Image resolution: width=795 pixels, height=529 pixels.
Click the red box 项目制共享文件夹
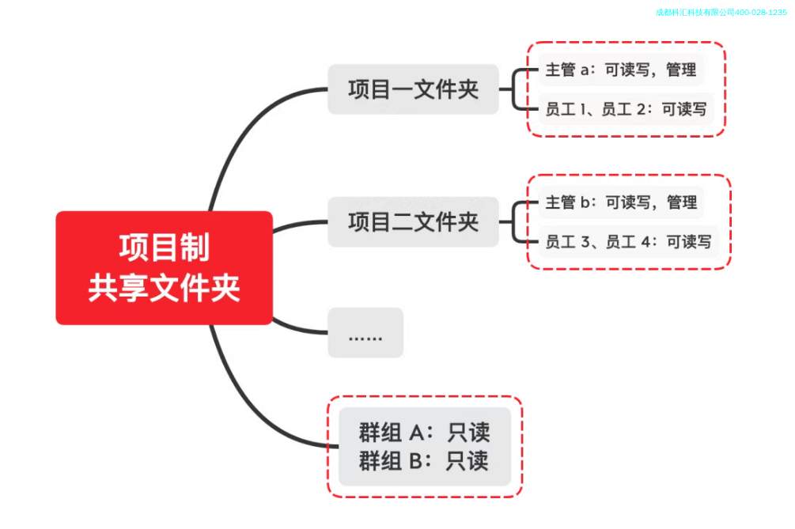click(164, 267)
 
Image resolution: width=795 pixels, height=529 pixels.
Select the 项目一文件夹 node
click(413, 89)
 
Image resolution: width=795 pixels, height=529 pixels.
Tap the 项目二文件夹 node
click(413, 221)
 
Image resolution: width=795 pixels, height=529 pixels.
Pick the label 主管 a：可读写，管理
click(620, 70)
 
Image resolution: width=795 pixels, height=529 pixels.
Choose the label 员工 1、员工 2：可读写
click(625, 109)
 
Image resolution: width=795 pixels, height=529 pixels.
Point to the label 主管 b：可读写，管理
click(620, 202)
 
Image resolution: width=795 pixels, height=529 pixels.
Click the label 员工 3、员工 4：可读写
click(627, 242)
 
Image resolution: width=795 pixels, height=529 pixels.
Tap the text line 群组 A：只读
click(424, 433)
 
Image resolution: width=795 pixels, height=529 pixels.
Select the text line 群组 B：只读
click(424, 461)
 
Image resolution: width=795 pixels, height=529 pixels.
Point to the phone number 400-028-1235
click(761, 13)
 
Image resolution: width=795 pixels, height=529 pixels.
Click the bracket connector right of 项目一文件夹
click(516, 89)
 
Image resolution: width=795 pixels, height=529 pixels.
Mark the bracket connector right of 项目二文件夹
click(516, 221)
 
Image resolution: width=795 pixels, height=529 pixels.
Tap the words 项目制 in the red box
click(164, 247)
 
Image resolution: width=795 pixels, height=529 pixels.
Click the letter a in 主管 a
click(585, 70)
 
